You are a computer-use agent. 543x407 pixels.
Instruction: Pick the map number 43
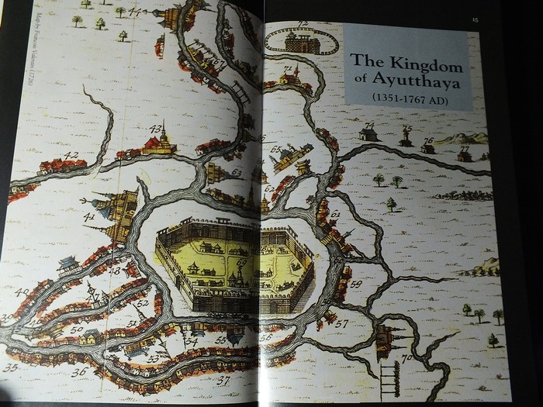point(157,128)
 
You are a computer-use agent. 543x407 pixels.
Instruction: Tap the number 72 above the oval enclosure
point(303,25)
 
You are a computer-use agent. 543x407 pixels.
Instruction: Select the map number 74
point(369,125)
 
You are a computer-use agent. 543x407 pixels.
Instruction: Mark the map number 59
point(356,284)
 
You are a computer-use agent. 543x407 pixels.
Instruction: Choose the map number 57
point(342,322)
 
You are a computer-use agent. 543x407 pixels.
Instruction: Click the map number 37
point(223,380)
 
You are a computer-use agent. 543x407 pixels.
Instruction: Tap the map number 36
point(79,372)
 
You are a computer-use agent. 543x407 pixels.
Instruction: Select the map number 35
point(10,365)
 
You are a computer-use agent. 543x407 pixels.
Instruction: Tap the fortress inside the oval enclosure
point(302,43)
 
